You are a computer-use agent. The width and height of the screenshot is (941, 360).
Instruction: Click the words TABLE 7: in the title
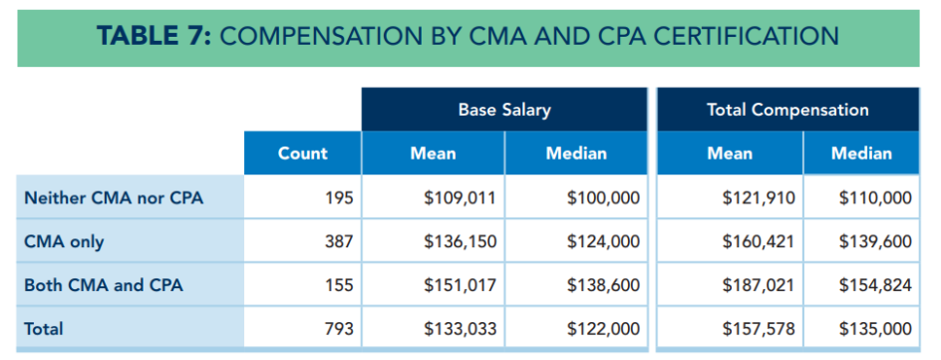[x=152, y=37]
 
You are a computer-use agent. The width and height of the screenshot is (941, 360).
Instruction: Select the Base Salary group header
[x=503, y=110]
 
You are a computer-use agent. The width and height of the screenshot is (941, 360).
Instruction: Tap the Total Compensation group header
[x=787, y=110]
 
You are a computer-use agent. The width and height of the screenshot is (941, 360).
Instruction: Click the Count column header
[x=303, y=154]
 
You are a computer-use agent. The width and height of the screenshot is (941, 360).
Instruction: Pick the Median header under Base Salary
[x=576, y=154]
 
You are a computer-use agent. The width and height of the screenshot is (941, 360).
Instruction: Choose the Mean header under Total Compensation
[x=730, y=154]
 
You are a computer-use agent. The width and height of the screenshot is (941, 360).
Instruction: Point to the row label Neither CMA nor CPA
[x=113, y=197]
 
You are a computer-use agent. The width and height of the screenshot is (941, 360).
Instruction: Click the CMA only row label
[x=64, y=241]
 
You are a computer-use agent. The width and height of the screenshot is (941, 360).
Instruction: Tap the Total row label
[x=43, y=329]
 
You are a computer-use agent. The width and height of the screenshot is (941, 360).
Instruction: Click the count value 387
[x=339, y=241]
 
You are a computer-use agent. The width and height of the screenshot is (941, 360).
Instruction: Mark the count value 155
[x=339, y=285]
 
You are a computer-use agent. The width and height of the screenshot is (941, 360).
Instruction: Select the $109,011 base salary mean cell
[x=460, y=197]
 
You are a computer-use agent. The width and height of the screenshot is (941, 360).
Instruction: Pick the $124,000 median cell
[x=602, y=241]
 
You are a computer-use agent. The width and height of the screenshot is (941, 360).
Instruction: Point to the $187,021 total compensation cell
[x=759, y=285]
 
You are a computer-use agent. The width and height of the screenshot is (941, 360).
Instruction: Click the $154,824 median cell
[x=875, y=285]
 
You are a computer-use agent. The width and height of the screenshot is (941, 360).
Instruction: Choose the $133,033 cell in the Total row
[x=460, y=329]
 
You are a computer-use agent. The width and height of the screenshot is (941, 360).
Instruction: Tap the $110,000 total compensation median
[x=875, y=197]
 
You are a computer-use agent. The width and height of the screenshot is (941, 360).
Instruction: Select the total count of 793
[x=339, y=329]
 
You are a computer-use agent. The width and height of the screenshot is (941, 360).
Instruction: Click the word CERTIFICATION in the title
[x=739, y=37]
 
